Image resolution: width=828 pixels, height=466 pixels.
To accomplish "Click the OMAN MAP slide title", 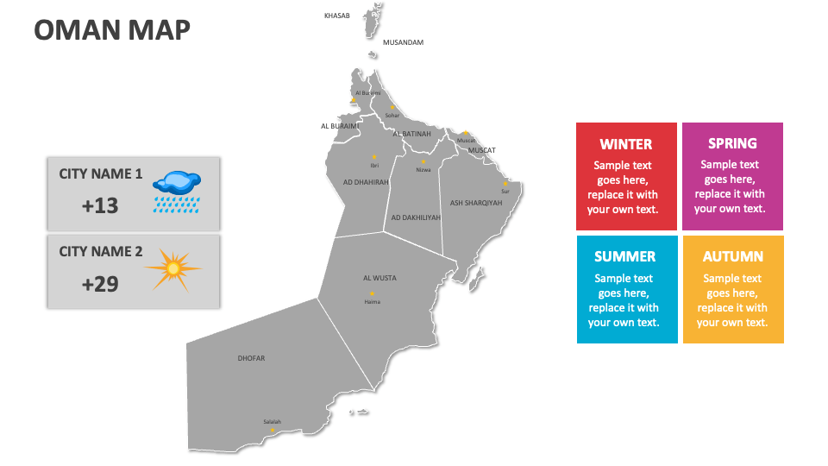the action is tap(112, 30).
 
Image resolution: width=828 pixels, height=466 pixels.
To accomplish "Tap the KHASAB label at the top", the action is tap(336, 16).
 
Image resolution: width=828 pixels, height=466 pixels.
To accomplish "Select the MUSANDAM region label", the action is tap(403, 42).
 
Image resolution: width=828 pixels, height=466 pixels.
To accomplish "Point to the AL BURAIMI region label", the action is tap(339, 125).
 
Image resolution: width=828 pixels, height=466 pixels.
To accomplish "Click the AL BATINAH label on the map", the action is tap(411, 134).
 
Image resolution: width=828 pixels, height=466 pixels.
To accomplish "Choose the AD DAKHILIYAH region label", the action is tap(416, 217).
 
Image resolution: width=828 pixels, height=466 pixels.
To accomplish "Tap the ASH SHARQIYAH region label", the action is tap(475, 203).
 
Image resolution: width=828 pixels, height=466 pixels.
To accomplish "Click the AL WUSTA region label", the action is tap(379, 278).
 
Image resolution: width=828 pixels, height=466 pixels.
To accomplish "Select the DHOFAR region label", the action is tap(251, 357).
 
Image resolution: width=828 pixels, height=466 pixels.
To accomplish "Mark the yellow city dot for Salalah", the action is tap(272, 429).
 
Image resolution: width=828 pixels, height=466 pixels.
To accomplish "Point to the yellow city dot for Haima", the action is tap(372, 295).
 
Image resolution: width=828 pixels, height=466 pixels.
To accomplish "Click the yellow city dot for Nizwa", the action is tap(423, 161).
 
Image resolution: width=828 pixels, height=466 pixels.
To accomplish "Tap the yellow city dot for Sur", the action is tap(505, 183).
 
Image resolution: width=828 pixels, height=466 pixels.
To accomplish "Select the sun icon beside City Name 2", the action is tap(172, 269).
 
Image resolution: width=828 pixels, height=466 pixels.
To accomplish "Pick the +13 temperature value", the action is tap(100, 205).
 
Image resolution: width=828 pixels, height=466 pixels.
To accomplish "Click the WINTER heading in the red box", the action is tap(626, 144).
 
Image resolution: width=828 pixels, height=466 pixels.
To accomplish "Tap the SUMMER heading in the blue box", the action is tap(624, 256).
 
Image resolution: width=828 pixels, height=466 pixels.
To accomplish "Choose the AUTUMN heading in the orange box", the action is tap(732, 256).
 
